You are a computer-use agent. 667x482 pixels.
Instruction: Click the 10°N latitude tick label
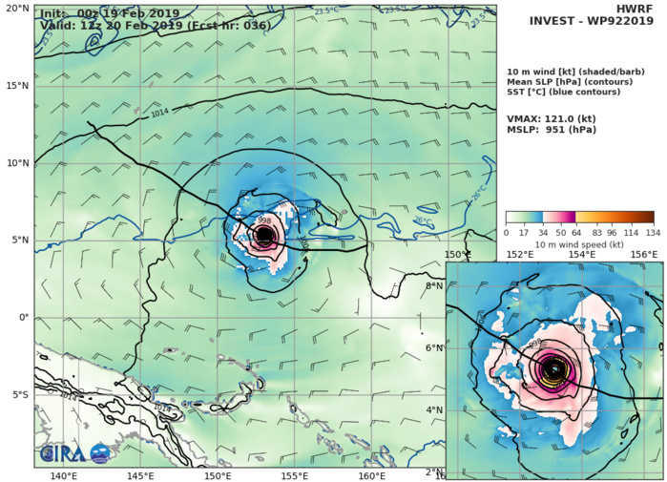[x=15, y=162]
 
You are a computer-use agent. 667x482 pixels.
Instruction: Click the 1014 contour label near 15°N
[x=160, y=114]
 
